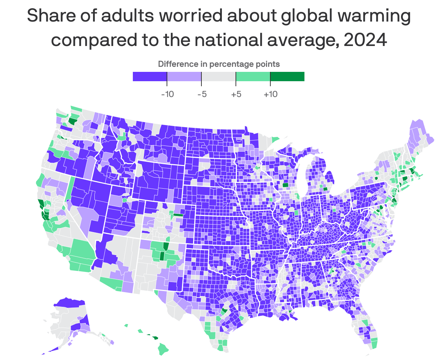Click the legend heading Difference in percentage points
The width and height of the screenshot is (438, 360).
[219, 64]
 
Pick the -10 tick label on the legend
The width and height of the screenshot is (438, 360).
[167, 94]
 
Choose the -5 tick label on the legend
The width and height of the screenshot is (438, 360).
[202, 94]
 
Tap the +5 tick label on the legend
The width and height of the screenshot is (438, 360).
[236, 94]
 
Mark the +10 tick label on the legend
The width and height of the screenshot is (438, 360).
[270, 94]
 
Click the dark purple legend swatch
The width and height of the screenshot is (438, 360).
[150, 77]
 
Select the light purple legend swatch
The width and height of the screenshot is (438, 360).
[184, 77]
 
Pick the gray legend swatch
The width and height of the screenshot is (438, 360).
[219, 77]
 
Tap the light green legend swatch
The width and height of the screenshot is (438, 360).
[253, 77]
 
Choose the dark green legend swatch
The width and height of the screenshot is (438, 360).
[287, 77]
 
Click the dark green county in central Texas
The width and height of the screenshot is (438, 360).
[225, 311]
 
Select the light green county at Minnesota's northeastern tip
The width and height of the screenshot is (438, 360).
[275, 139]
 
